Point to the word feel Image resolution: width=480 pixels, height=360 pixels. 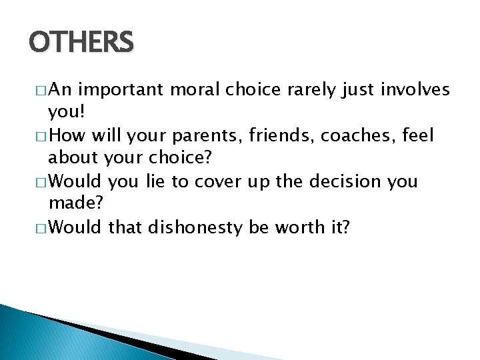[418, 137]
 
